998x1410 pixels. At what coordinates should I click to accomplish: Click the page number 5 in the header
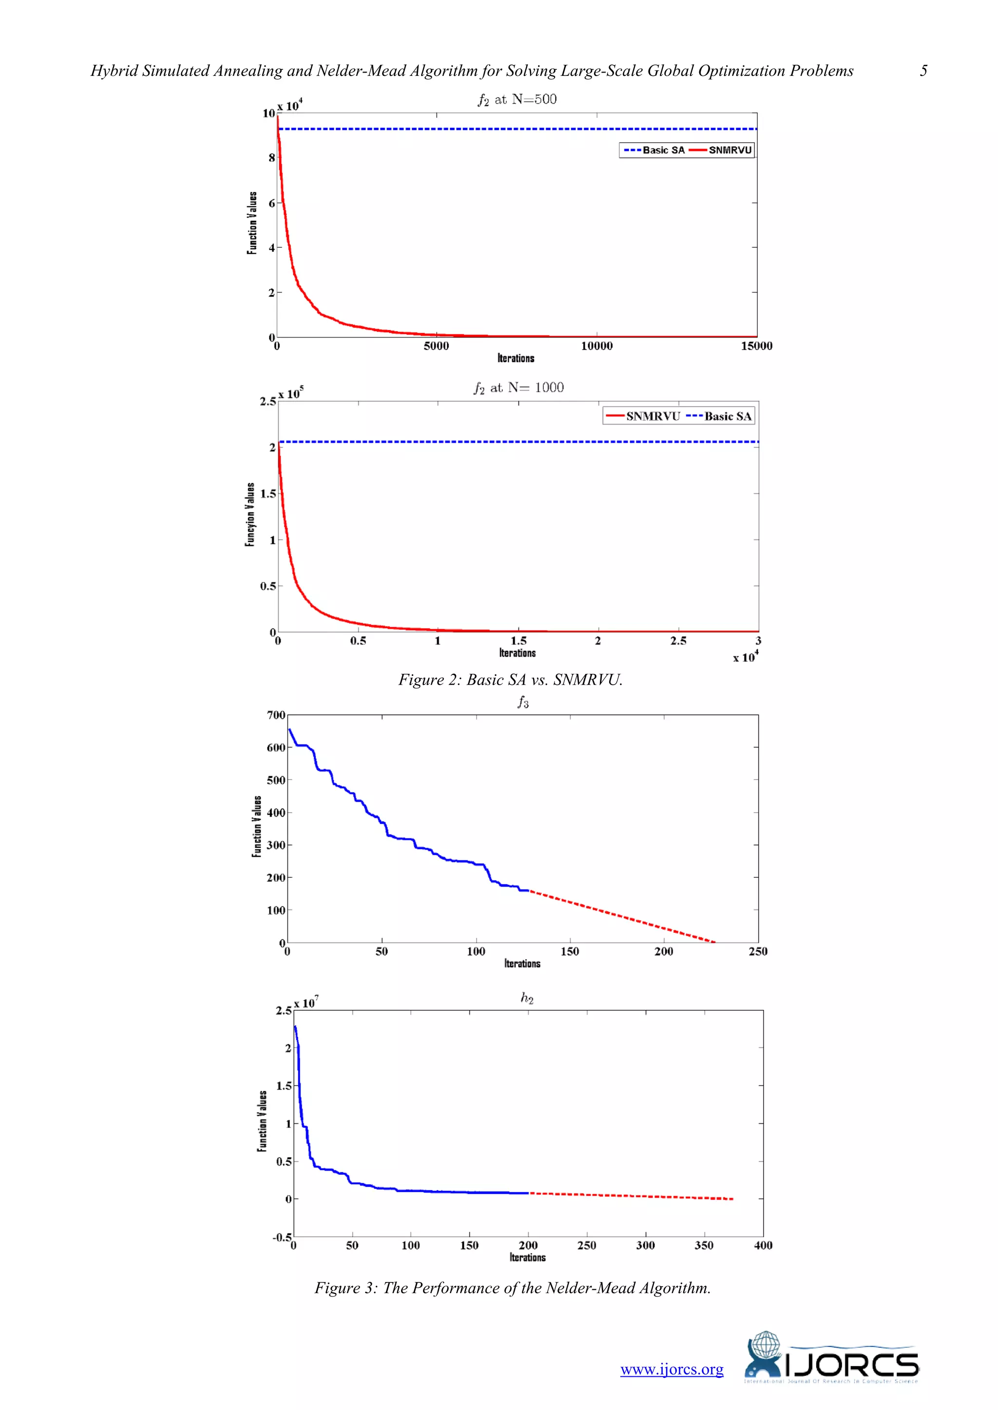(923, 71)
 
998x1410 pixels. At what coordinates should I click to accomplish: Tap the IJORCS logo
(831, 1358)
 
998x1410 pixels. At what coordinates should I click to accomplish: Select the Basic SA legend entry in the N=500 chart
(655, 150)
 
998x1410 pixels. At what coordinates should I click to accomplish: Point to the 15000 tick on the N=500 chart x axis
(756, 346)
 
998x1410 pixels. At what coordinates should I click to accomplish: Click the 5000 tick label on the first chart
(436, 346)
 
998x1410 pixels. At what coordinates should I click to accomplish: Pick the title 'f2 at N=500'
(517, 99)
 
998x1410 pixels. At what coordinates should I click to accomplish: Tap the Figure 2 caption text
(510, 680)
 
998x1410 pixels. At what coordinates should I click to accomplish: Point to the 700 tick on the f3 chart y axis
(276, 715)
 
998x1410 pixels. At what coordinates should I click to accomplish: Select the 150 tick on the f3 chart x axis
(570, 951)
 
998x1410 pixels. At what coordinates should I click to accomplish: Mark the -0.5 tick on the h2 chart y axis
(282, 1237)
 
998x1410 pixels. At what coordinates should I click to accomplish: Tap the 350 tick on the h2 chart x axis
(704, 1245)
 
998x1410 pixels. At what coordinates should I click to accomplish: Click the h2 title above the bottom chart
(527, 998)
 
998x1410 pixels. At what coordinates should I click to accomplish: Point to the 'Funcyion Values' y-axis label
(249, 515)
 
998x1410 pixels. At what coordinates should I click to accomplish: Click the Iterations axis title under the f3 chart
(522, 964)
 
